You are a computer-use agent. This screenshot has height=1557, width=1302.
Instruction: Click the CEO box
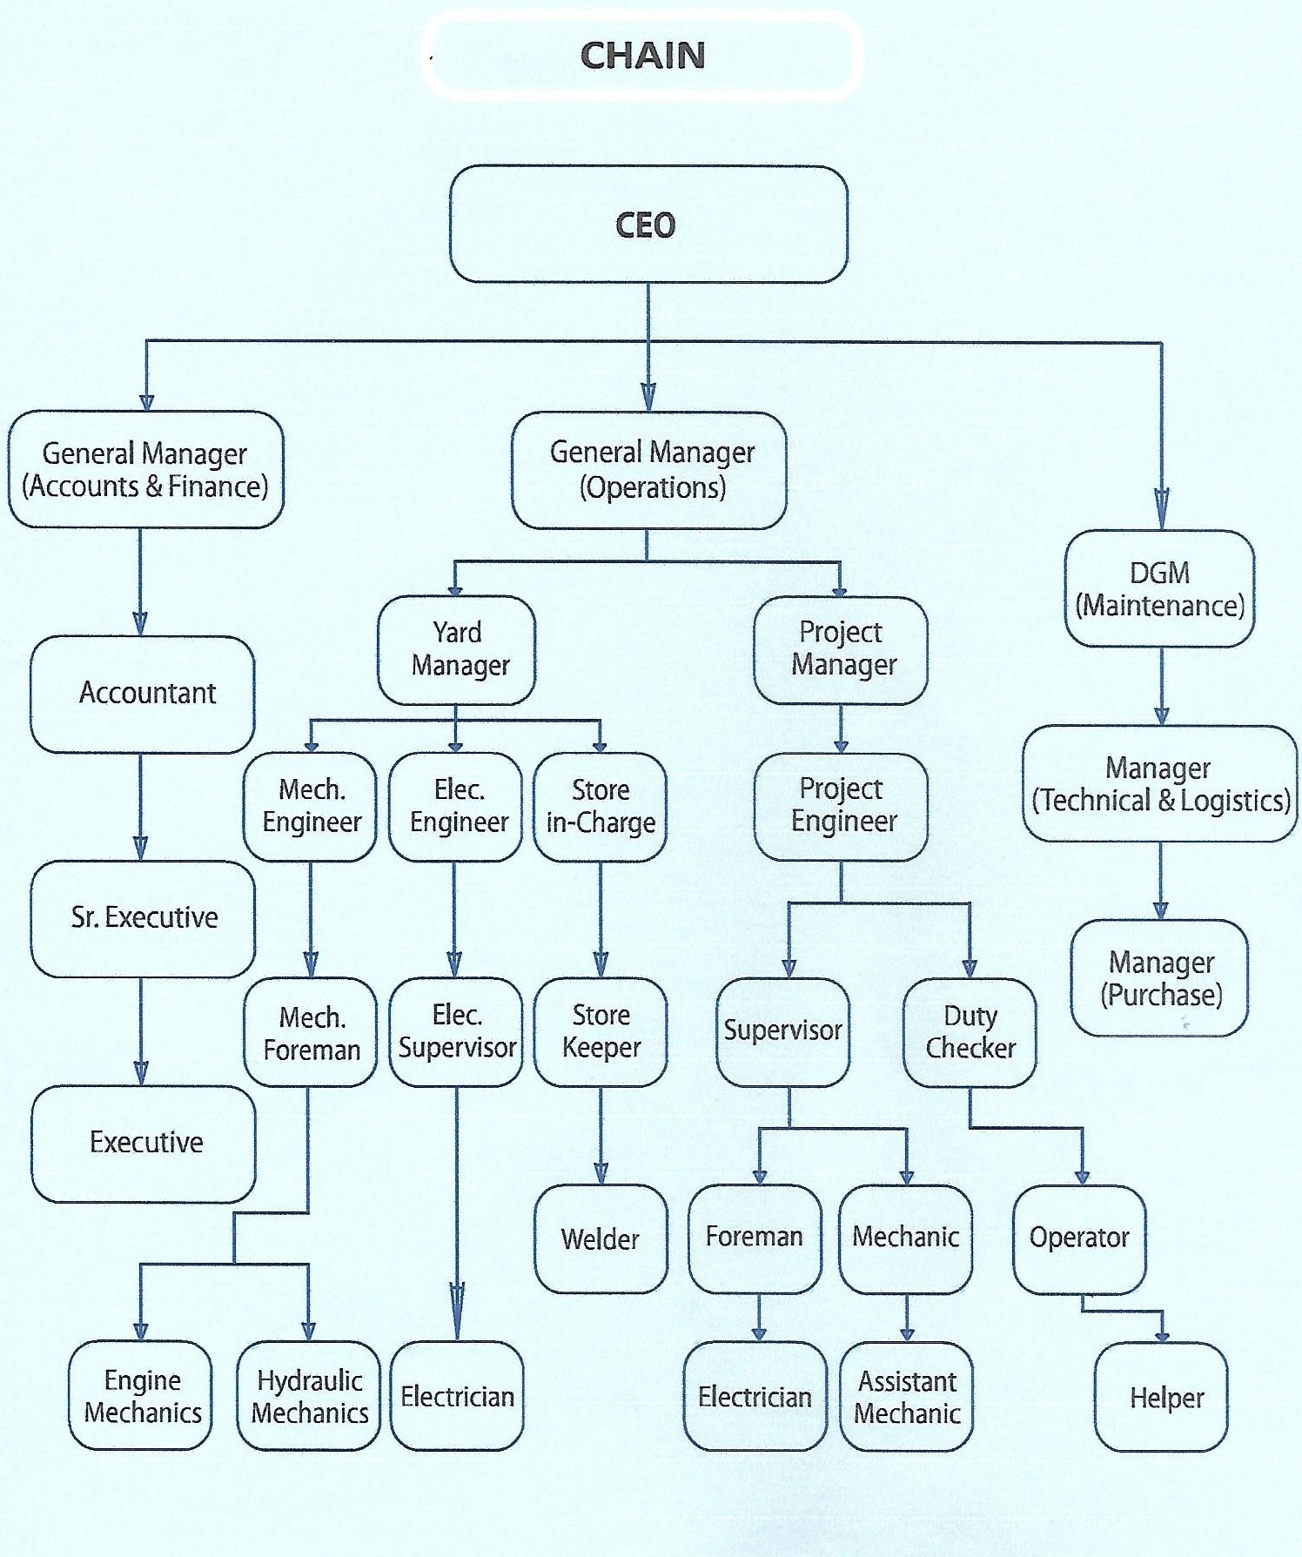pos(648,225)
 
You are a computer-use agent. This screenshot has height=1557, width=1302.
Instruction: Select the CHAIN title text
pos(642,56)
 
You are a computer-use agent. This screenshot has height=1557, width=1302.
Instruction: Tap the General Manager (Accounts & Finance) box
pos(145,470)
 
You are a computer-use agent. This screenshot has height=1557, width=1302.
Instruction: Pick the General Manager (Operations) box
pos(649,470)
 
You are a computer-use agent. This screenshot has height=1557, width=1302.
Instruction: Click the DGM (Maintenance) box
pos(1159,589)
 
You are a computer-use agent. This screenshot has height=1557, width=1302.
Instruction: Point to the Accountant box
pos(143,694)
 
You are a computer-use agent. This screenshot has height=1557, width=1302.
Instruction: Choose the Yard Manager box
pos(457,649)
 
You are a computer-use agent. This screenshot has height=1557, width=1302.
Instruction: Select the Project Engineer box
pos(841,806)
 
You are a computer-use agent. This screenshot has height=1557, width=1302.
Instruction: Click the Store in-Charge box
pos(601,807)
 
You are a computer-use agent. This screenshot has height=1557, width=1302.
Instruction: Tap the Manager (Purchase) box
pos(1159,978)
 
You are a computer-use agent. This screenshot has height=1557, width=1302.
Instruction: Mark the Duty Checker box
pos(970,1032)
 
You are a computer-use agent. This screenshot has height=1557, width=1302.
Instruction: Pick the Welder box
pos(601,1238)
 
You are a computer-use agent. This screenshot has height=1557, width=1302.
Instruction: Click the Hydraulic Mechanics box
pos(309,1396)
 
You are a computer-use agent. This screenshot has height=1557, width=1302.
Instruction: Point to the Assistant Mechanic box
pos(907,1397)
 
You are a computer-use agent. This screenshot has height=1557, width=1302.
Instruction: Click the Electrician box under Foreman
pos(755,1397)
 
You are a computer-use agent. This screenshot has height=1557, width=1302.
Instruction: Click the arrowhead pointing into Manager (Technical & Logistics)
pos(1161,715)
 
